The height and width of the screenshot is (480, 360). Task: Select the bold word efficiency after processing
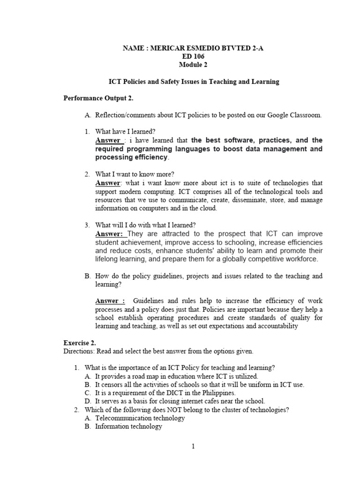click(147, 157)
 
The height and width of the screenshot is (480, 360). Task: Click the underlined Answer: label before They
click(109, 233)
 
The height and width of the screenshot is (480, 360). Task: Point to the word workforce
click(300, 259)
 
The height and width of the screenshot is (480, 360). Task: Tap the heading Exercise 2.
click(79, 343)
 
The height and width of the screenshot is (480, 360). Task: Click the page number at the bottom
click(192, 446)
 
